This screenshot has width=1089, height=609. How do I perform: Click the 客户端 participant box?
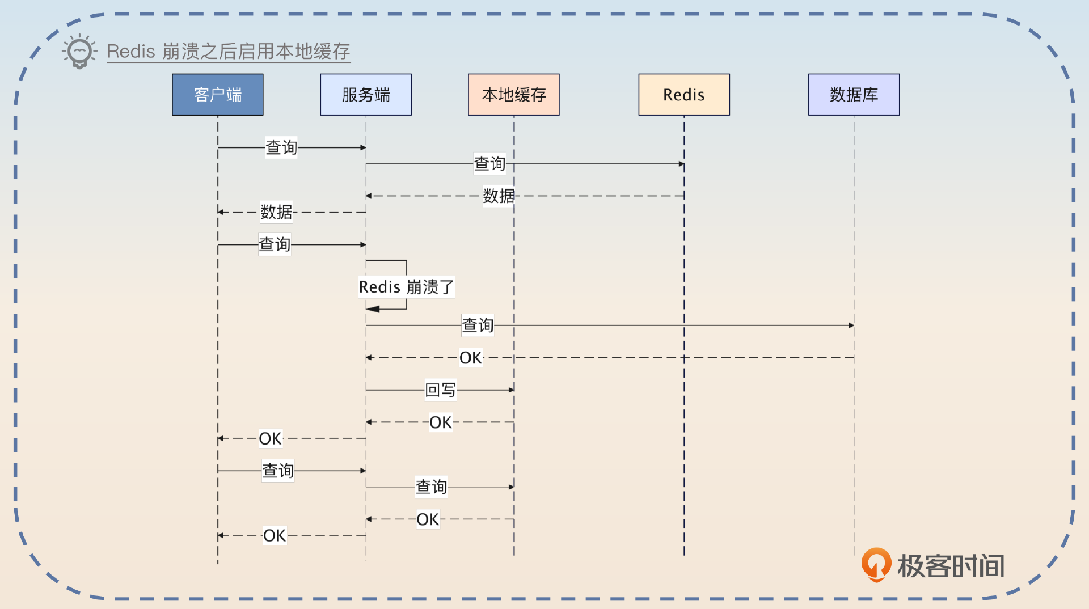(218, 95)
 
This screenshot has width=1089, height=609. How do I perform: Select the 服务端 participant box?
(366, 95)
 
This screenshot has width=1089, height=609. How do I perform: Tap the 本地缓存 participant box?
(514, 95)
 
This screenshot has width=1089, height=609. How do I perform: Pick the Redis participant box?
(684, 95)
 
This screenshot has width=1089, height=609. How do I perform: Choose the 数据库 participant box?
(854, 95)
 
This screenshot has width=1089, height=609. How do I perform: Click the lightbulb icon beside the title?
(79, 51)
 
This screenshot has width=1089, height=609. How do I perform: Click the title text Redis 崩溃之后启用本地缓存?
(229, 52)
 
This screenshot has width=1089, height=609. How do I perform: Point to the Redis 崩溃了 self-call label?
(406, 287)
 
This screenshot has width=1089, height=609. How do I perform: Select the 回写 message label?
(441, 390)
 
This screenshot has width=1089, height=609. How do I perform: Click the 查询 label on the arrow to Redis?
(489, 164)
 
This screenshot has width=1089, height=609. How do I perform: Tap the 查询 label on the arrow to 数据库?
(478, 325)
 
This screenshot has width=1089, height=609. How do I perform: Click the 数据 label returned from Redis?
(499, 196)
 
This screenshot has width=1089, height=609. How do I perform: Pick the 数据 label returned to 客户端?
(276, 212)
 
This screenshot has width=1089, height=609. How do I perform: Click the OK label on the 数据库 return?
(471, 358)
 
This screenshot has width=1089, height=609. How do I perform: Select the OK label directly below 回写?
(441, 422)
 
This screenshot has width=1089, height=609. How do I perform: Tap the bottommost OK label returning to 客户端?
(275, 535)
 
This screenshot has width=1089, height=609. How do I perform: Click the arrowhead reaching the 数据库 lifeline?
(851, 325)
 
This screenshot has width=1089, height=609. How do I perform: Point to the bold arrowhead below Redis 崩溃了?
(373, 309)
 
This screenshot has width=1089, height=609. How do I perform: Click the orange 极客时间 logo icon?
(876, 564)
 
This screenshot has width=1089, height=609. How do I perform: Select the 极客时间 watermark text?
(951, 566)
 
